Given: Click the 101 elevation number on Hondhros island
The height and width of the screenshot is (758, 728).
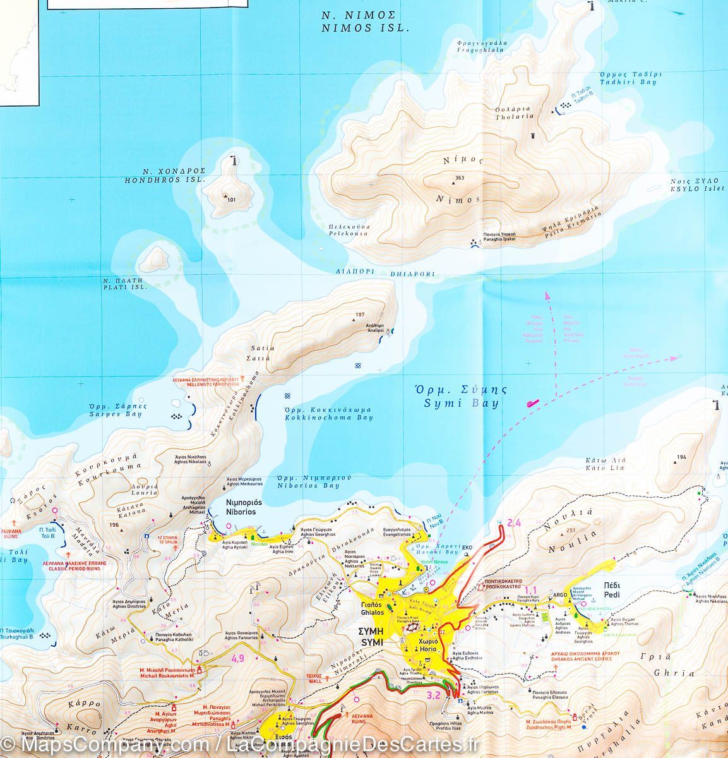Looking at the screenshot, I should (230, 200).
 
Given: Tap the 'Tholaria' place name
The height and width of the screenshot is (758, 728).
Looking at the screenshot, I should (515, 116).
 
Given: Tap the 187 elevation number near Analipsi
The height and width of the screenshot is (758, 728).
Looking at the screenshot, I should (361, 315).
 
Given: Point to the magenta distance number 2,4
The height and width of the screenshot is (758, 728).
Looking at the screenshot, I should (514, 522).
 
